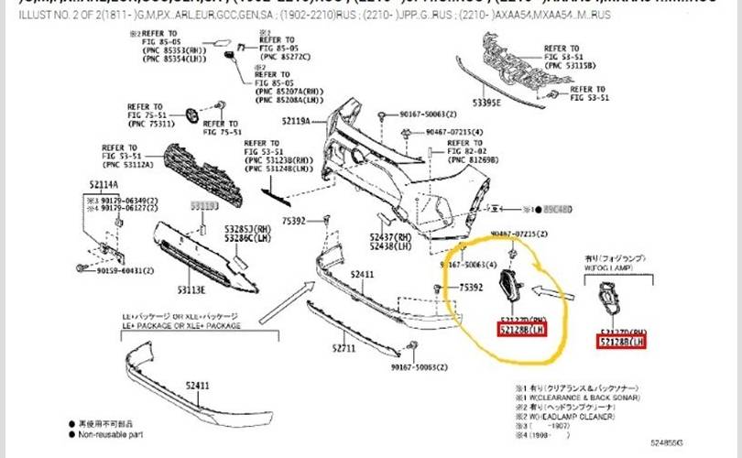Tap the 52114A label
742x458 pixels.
(x=104, y=184)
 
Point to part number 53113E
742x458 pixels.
(x=191, y=289)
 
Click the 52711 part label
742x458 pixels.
(x=344, y=348)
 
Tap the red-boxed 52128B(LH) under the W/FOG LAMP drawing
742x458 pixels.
(x=622, y=342)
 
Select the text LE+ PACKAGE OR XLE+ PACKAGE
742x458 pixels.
(x=181, y=326)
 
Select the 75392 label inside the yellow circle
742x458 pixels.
(x=472, y=288)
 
